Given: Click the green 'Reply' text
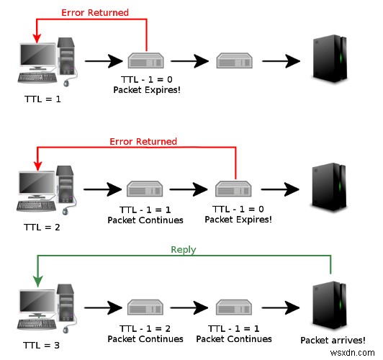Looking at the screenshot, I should click(x=183, y=250).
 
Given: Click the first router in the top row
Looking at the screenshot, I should click(x=145, y=61).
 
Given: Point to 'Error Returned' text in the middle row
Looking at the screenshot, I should click(x=143, y=141).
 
